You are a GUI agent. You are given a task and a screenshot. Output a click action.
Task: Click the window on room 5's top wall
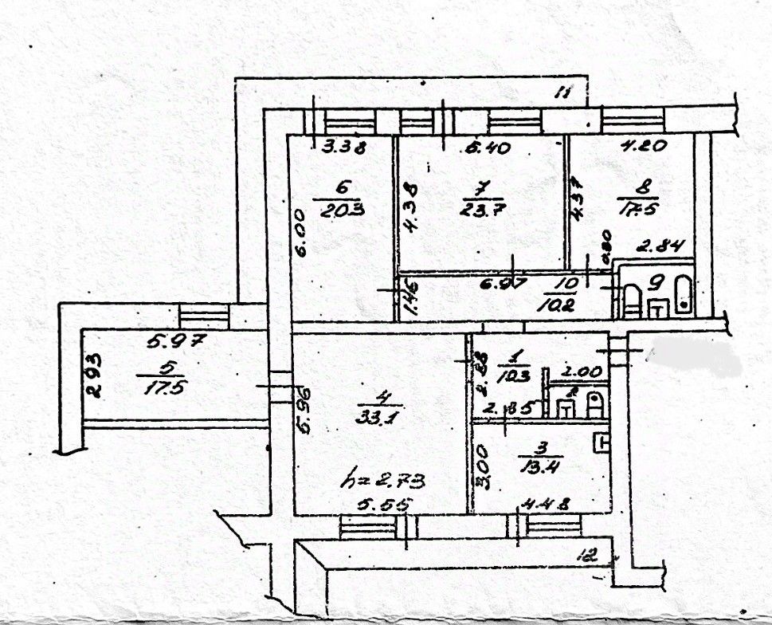pos(204,314)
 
